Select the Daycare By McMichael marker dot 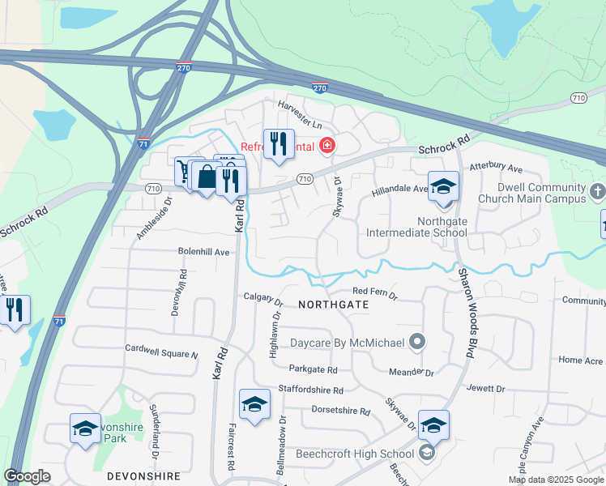point(417,342)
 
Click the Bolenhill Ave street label point(204,252)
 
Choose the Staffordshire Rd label point(317,390)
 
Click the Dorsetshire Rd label point(340,411)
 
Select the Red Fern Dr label point(375,292)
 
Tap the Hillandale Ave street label point(399,190)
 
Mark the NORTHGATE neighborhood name point(333,305)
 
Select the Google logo point(27,476)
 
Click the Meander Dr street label point(412,372)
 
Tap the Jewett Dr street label point(486,389)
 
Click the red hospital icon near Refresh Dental point(326,146)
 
